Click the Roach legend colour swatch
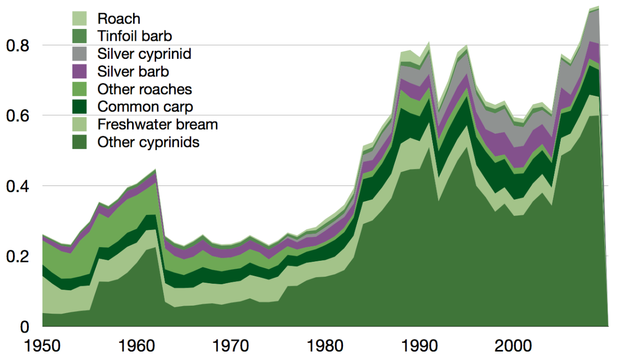(x=80, y=19)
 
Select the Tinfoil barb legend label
(x=135, y=36)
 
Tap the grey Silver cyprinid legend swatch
(x=80, y=53)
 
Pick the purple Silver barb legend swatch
(x=80, y=71)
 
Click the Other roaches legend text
(x=145, y=89)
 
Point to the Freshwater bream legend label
(x=158, y=124)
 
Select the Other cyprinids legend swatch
(x=80, y=142)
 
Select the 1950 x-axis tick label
(x=42, y=346)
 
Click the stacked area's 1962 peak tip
(x=156, y=170)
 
